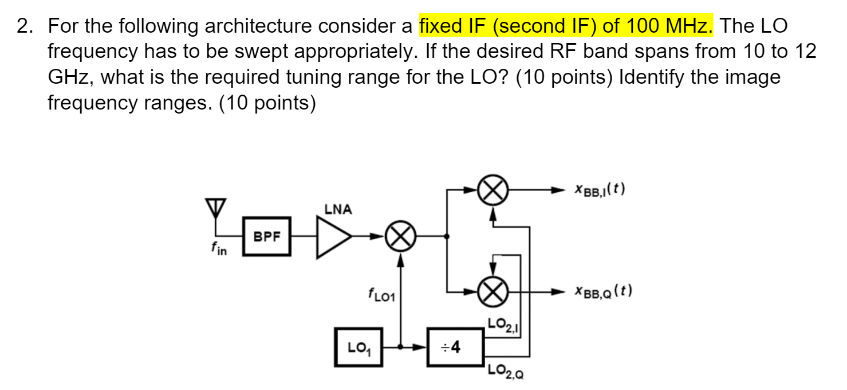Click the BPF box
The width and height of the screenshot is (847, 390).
point(267,236)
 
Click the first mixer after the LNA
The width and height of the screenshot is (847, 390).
point(400,236)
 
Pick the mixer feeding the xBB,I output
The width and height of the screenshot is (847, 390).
point(493,189)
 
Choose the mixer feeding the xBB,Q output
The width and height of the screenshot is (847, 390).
point(493,291)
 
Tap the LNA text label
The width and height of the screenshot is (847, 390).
point(338,209)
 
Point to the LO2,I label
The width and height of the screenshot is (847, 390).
point(502,325)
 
